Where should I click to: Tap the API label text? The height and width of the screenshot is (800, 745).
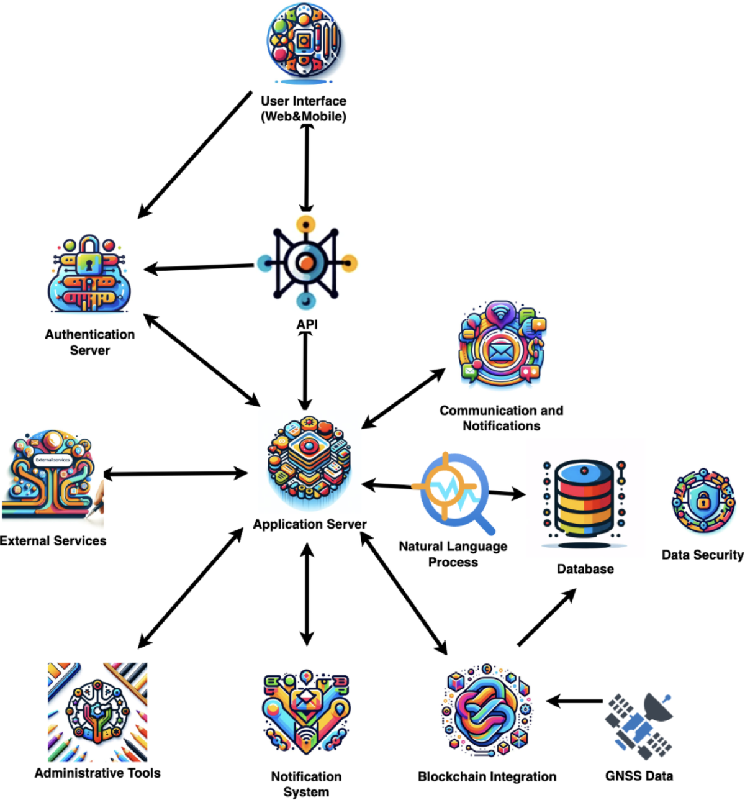[x=307, y=324]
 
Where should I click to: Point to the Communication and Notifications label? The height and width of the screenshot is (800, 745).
[x=501, y=418]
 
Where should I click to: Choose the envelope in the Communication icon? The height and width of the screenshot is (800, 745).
[x=499, y=352]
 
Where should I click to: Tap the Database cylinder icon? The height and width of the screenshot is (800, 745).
[x=584, y=501]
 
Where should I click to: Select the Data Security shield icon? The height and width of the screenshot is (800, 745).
[x=703, y=501]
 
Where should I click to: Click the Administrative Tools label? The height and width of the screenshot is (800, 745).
[x=97, y=773]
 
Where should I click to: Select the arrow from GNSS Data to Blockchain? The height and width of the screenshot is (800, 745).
[x=575, y=702]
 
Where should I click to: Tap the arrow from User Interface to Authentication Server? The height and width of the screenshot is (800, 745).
[x=194, y=155]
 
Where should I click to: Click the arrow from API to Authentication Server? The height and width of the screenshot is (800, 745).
[x=199, y=268]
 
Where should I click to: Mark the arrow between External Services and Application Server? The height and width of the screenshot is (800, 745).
[x=175, y=475]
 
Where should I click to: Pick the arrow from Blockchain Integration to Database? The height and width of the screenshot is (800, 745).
[x=546, y=618]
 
